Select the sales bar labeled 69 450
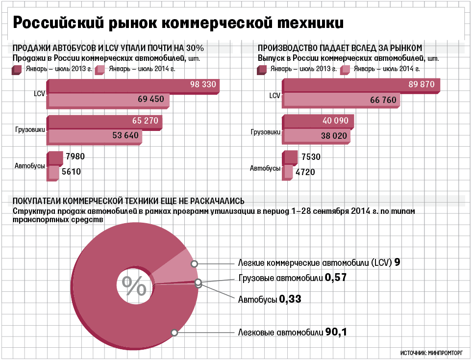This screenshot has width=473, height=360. (108, 100)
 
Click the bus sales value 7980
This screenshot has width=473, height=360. (75, 157)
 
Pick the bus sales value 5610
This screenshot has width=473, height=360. (71, 172)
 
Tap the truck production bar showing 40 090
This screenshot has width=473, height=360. (319, 121)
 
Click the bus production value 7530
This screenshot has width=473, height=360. (311, 157)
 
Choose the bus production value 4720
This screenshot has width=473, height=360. (305, 172)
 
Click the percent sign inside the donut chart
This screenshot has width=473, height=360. (134, 286)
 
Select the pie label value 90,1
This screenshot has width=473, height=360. (336, 333)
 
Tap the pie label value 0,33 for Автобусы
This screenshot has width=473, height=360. (290, 299)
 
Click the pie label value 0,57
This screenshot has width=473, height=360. (336, 278)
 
